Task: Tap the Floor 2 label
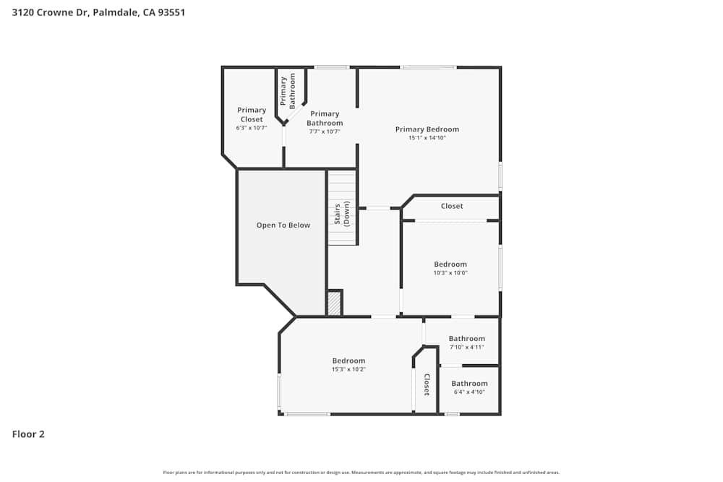pyautogui.click(x=28, y=434)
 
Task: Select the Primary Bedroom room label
pyautogui.click(x=427, y=129)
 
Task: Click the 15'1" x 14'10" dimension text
pyautogui.click(x=427, y=137)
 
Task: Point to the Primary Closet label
pyautogui.click(x=252, y=114)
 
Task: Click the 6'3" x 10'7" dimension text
pyautogui.click(x=252, y=128)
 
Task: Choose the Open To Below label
pyautogui.click(x=283, y=225)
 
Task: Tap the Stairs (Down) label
pyautogui.click(x=341, y=215)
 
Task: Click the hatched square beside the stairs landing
pyautogui.click(x=334, y=304)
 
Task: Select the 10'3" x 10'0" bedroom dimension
pyautogui.click(x=450, y=272)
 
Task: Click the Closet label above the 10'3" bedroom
pyautogui.click(x=451, y=206)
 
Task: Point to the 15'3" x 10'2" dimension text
pyautogui.click(x=348, y=369)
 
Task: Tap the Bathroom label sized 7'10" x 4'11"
pyautogui.click(x=466, y=338)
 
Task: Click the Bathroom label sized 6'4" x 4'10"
pyautogui.click(x=469, y=384)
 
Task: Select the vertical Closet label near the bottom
pyautogui.click(x=427, y=384)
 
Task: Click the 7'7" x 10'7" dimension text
pyautogui.click(x=325, y=132)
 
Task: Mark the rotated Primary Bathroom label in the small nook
pyautogui.click(x=288, y=90)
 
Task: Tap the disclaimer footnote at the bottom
pyautogui.click(x=361, y=473)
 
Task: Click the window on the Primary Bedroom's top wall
pyautogui.click(x=429, y=67)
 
